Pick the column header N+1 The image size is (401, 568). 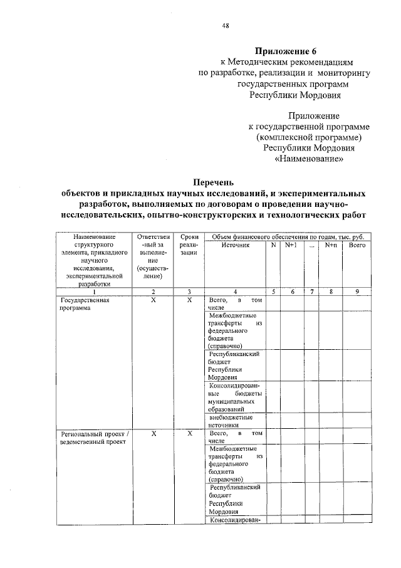coord(290,246)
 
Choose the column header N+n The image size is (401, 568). coord(331,246)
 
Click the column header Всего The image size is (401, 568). coord(357,246)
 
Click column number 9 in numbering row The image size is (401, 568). coord(357,292)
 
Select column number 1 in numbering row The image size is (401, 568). coord(94,292)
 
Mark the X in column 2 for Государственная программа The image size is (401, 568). coord(153,300)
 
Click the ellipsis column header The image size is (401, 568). coord(311,246)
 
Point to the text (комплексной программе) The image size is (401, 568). coord(309,137)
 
